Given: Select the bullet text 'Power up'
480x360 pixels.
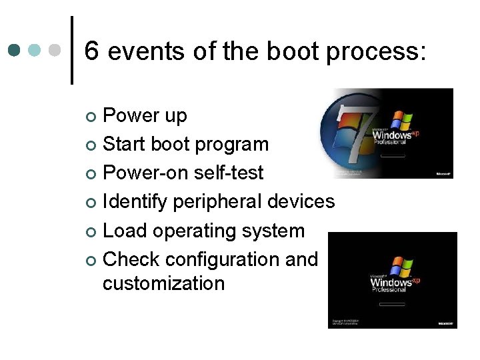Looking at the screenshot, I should coord(145,117).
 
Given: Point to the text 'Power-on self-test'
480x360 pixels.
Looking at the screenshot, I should coord(183,173).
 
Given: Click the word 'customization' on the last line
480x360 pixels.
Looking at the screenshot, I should coord(163,283).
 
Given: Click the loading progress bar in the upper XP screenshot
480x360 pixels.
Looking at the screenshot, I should coord(393,156).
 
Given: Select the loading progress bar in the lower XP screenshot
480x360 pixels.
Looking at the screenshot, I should coord(393,304).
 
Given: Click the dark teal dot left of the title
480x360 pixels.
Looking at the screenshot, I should coord(15,51).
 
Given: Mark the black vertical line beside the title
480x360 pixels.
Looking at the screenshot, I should coord(72,51).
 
